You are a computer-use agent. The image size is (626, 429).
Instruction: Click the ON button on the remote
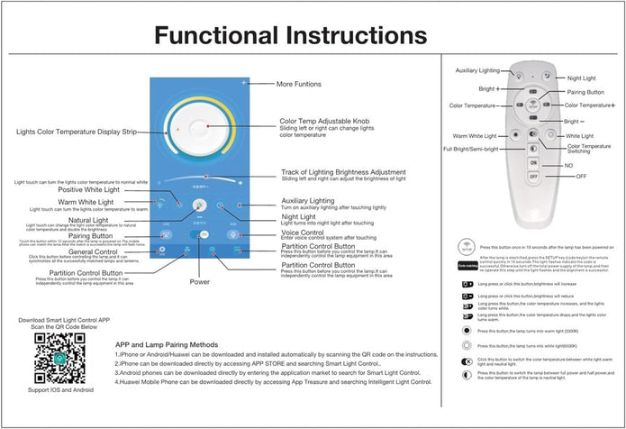tap(532, 161)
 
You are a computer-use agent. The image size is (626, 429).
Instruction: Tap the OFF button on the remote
tap(532, 178)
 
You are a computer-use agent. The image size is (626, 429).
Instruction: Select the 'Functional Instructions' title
tap(289, 35)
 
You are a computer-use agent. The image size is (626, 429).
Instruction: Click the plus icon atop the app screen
tap(244, 83)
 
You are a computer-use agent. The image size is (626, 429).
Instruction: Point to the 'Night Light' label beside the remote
tap(582, 78)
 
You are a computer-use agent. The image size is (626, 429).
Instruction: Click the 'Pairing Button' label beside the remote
tap(586, 92)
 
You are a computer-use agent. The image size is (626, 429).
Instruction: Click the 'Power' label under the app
tap(199, 282)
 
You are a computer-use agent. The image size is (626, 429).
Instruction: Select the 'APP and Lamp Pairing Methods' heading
tap(167, 345)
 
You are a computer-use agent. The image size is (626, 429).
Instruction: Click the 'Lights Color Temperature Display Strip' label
tap(76, 132)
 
